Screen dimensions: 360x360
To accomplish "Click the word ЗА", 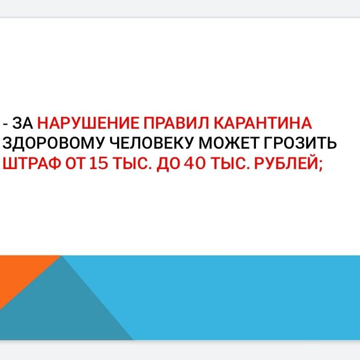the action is [23, 123].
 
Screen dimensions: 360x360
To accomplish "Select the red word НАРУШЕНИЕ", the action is [88, 123].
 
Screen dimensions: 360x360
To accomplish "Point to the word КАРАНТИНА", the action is [263, 123].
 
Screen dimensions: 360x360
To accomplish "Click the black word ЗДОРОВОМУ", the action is [54, 144].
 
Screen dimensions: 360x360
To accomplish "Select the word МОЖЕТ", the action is [229, 143].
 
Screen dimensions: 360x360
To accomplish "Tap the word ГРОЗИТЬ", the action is [300, 143].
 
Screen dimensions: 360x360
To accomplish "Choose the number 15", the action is [99, 164].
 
